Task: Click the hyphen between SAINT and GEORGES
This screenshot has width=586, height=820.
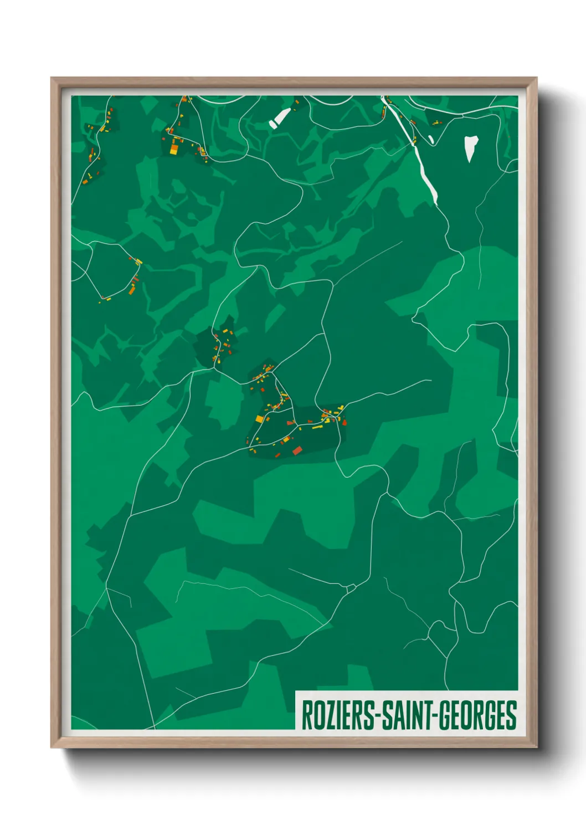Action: coord(436,716)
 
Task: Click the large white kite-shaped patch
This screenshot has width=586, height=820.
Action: coord(470,147)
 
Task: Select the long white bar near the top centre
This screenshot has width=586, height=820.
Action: coord(280,118)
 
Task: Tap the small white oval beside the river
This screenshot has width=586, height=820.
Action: coord(431,139)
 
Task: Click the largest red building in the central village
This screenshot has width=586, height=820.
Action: coord(297,450)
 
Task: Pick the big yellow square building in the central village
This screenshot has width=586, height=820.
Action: coord(259,419)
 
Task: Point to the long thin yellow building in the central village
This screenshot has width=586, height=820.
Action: coord(316,427)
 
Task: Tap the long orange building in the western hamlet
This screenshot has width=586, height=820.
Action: coord(132,289)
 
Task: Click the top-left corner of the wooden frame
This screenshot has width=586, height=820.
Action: coord(52,78)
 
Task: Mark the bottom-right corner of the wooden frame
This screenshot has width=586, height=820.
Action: coord(536,747)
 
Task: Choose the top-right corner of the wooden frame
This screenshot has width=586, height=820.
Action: coord(536,78)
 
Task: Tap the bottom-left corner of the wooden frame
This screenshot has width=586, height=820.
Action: coord(52,747)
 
